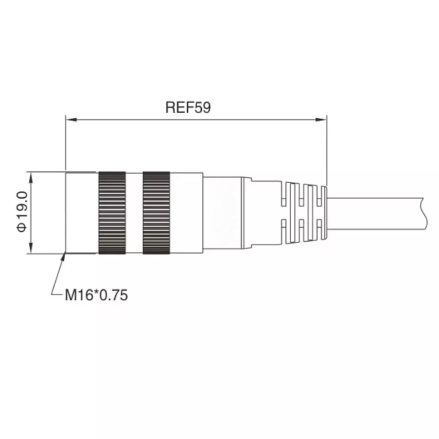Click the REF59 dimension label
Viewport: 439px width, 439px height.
pyautogui.click(x=188, y=107)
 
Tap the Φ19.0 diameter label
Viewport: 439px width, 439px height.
pyautogui.click(x=21, y=211)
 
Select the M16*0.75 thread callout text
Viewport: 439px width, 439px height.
pyautogui.click(x=96, y=295)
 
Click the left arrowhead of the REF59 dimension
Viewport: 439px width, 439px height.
pyautogui.click(x=71, y=119)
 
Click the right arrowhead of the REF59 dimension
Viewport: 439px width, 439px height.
pyautogui.click(x=321, y=119)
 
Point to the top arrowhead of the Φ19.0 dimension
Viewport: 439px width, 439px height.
pyautogui.click(x=31, y=177)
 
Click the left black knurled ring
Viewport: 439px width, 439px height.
pyautogui.click(x=112, y=213)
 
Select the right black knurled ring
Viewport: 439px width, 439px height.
pyautogui.click(x=156, y=213)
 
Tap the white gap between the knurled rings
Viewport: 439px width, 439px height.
pyautogui.click(x=134, y=213)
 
